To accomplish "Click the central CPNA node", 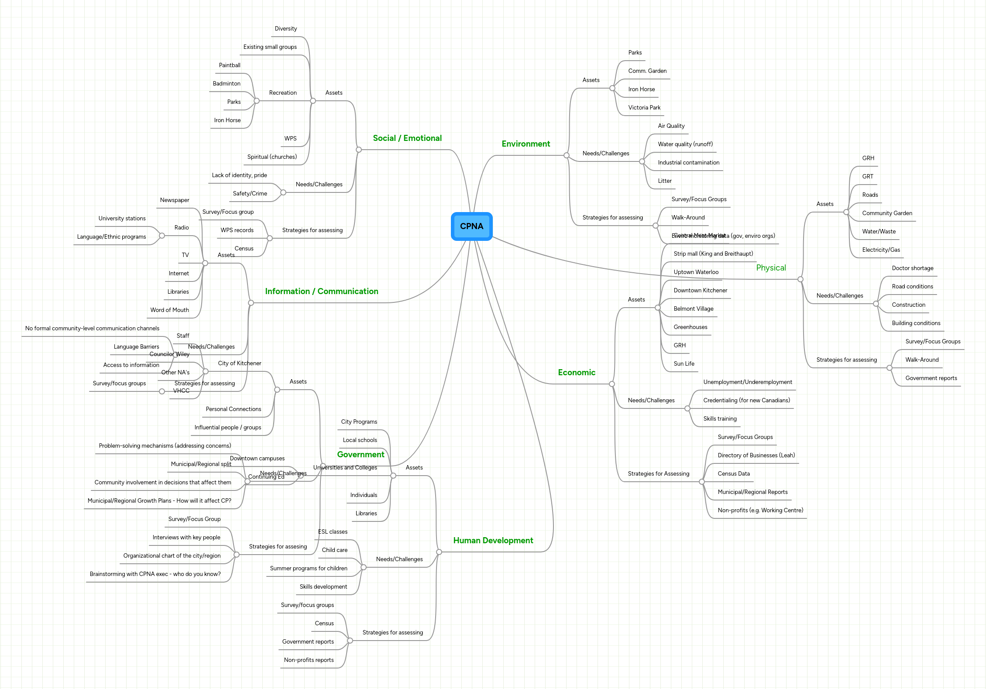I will tap(471, 226).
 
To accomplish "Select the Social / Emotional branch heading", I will tap(407, 138).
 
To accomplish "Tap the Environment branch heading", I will tap(526, 144).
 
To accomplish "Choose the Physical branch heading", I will tap(771, 268).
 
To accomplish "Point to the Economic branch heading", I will tap(576, 373).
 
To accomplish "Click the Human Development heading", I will tap(493, 541).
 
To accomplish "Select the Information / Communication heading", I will tap(321, 291).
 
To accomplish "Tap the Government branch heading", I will tap(361, 455).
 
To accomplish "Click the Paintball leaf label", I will tap(230, 65).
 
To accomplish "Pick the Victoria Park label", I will tap(644, 108).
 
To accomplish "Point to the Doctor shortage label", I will tap(912, 268).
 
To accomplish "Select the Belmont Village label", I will tap(693, 309).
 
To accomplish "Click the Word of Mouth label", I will tap(169, 310).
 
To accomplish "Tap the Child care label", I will tap(334, 550).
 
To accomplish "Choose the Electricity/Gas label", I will tap(881, 250).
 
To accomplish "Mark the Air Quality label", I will tap(671, 126).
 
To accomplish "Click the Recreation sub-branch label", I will tap(282, 93).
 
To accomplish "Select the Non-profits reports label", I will tap(309, 660).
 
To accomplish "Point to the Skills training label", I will tap(720, 419).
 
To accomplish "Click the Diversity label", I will tap(285, 29).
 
